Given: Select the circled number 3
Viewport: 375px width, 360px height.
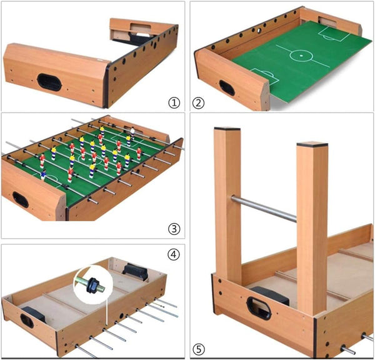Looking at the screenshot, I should click(174, 228).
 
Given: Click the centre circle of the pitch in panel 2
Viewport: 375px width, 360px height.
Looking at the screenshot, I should click(303, 56).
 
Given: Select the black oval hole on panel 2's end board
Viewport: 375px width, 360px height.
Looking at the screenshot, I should click(226, 88).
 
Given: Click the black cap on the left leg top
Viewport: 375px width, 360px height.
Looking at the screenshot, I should click(227, 130).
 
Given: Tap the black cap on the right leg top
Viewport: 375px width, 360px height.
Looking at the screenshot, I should click(312, 145).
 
